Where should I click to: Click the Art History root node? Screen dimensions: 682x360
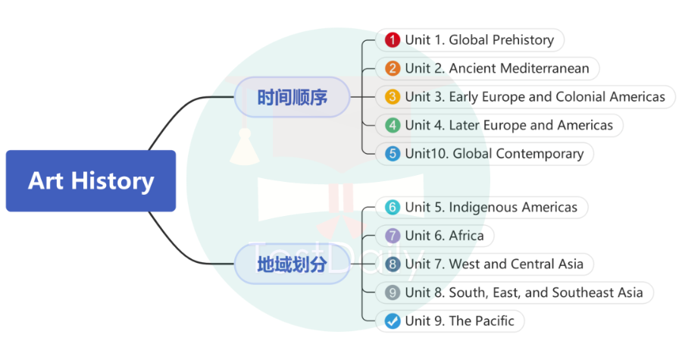(x=91, y=181)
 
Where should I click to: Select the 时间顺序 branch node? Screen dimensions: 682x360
(x=292, y=97)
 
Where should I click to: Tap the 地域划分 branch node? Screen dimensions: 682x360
(x=292, y=265)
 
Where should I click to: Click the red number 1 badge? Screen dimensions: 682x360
(x=392, y=40)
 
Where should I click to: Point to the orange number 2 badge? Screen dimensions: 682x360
(x=392, y=68)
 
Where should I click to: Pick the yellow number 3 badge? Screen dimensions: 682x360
(x=392, y=97)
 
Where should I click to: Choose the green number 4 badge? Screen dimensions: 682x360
(x=392, y=125)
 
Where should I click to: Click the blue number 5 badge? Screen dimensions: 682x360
(x=392, y=154)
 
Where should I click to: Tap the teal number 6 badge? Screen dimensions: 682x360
(x=392, y=207)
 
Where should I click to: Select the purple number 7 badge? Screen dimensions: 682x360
(x=392, y=236)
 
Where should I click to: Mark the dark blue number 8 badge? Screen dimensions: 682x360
(x=392, y=265)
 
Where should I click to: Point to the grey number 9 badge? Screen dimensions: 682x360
(x=392, y=293)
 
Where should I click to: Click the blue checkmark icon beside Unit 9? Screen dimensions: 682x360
(x=392, y=321)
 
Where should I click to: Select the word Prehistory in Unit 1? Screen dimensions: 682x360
(x=523, y=40)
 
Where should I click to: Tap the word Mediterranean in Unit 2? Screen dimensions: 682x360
(x=543, y=68)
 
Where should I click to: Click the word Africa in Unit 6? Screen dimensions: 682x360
(x=466, y=236)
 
